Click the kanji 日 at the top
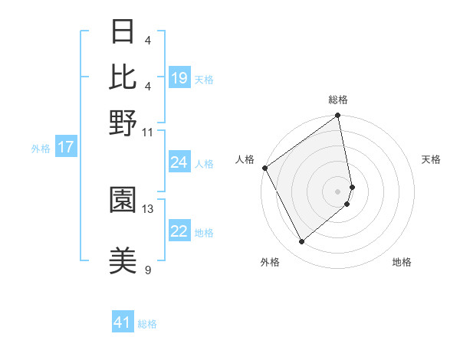coord(123,32)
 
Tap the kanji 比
coord(123,77)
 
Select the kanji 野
coord(123,122)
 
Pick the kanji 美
coord(123,260)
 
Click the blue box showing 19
coord(180,78)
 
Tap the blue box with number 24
coord(179,162)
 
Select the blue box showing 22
coord(179,232)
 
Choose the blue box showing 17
coord(65,148)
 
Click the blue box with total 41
coord(123,322)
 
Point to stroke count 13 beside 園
coord(148,208)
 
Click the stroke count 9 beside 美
coord(148,270)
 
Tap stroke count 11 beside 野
coord(148,132)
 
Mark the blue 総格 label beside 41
coord(147,324)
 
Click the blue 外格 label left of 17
coord(41,149)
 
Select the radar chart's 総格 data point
coord(338,116)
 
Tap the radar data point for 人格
coord(264,168)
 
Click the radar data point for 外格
coord(301,242)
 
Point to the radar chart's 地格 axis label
coord(402,263)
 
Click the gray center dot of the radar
coord(338,190)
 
